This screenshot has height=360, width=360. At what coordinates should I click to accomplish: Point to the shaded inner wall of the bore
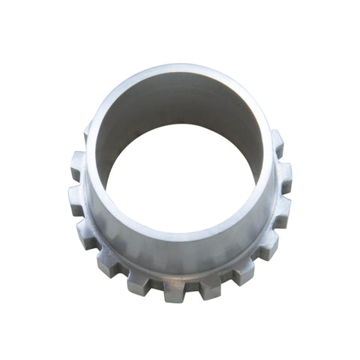[180, 112]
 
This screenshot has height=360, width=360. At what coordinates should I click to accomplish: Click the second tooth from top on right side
[283, 174]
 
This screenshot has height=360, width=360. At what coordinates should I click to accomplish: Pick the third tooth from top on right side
[280, 209]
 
